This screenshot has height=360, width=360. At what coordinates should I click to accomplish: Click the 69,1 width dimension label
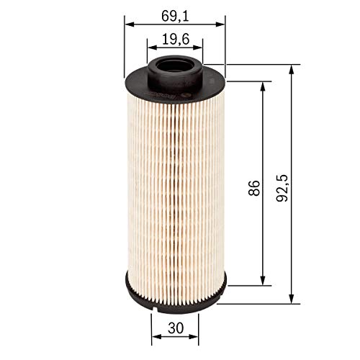tap(174, 12)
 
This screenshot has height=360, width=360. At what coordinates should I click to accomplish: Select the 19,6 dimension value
tap(175, 41)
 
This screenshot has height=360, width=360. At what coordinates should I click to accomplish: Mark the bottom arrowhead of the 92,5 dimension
tap(292, 298)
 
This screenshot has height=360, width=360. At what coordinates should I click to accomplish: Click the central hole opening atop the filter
tap(175, 64)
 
